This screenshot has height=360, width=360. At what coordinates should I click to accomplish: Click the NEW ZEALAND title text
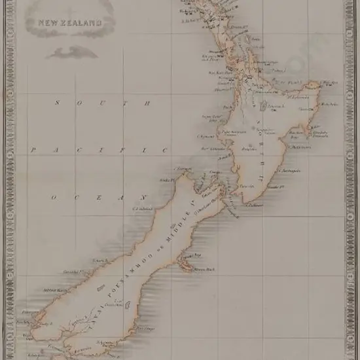coord(70,22)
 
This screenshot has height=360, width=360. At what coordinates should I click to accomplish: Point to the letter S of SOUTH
coord(58,103)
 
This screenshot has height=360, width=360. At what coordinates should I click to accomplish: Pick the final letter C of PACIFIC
coord(164,150)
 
